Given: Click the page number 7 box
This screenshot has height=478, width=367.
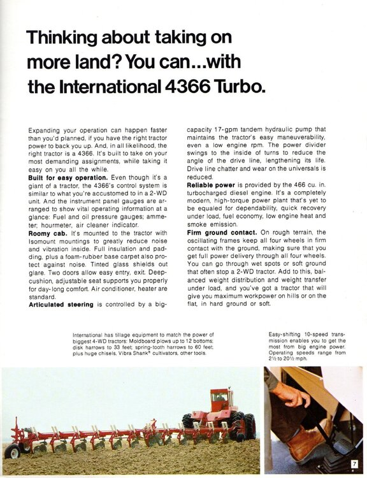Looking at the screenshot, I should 352,463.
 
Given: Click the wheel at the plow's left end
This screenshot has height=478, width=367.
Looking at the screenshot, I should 13,451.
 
